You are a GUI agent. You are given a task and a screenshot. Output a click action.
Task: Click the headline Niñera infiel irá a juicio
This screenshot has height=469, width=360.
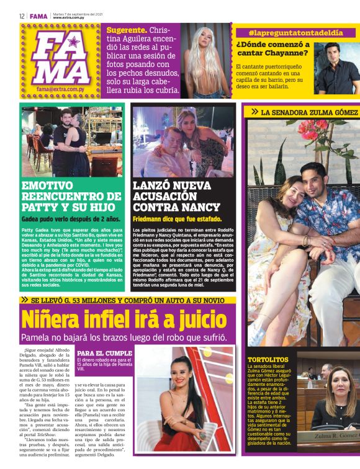point(124,319)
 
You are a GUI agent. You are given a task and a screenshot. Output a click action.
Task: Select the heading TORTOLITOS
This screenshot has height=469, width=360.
point(268,359)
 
